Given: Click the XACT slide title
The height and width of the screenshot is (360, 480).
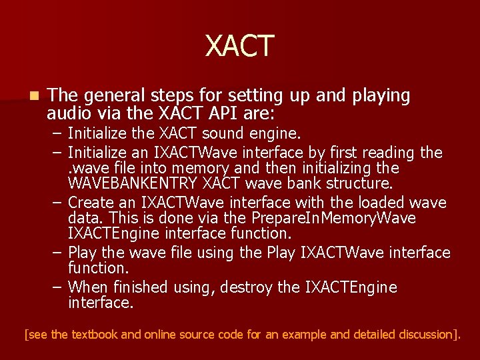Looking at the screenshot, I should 240,46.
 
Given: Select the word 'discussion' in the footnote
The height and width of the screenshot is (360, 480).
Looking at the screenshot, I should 421,334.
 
